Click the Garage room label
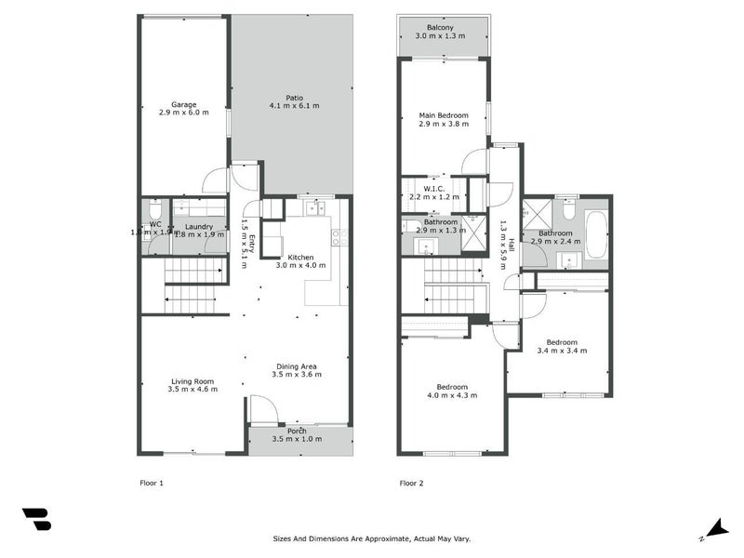[183, 104]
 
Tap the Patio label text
[295, 98]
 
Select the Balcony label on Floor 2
[440, 28]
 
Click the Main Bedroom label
[444, 115]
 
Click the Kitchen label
[300, 257]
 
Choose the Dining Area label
[297, 366]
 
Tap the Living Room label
[193, 381]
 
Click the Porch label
[297, 431]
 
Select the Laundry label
[199, 226]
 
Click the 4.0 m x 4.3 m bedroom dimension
[452, 395]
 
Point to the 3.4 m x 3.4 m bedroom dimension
[562, 351]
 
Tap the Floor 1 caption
[151, 484]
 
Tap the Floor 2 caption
[411, 484]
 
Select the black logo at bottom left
[36, 519]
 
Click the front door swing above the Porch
[263, 408]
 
